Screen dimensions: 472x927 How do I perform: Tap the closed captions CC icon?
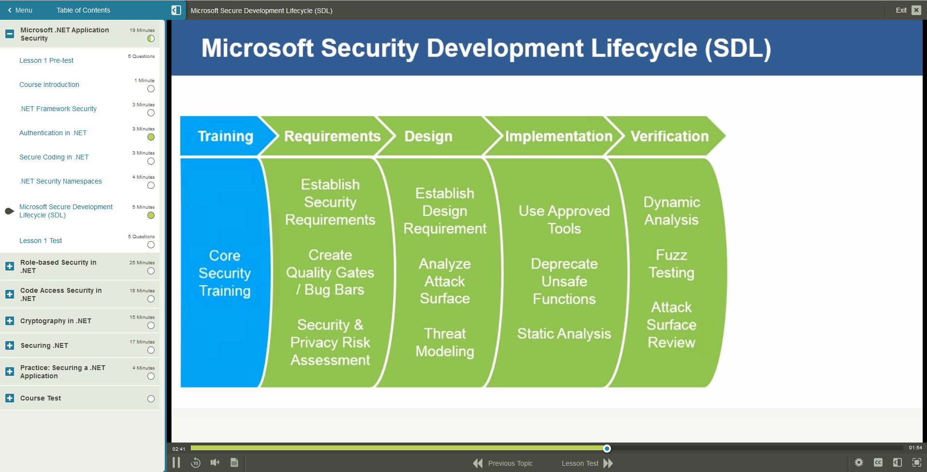(878, 462)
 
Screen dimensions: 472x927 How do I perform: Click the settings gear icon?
(858, 462)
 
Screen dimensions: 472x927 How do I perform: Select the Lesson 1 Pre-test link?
(46, 60)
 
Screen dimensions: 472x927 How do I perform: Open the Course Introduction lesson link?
(49, 85)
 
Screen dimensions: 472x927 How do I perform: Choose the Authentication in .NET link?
(53, 133)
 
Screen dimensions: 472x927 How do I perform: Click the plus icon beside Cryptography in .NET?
(10, 321)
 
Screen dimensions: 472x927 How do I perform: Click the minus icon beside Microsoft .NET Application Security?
(10, 34)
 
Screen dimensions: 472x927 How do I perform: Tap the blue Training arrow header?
(225, 136)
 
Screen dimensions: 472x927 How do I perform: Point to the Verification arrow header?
(669, 136)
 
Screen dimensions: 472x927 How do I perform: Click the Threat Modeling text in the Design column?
(445, 342)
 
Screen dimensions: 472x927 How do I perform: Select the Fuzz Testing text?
(671, 264)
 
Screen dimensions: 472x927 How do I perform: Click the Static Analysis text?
(564, 333)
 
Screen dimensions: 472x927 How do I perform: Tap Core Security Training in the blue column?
(225, 273)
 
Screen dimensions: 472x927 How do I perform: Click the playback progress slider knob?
(607, 448)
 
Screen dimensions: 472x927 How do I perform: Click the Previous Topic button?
(503, 463)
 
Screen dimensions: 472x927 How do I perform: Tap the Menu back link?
(20, 10)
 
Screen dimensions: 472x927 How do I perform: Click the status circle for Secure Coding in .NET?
(151, 161)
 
